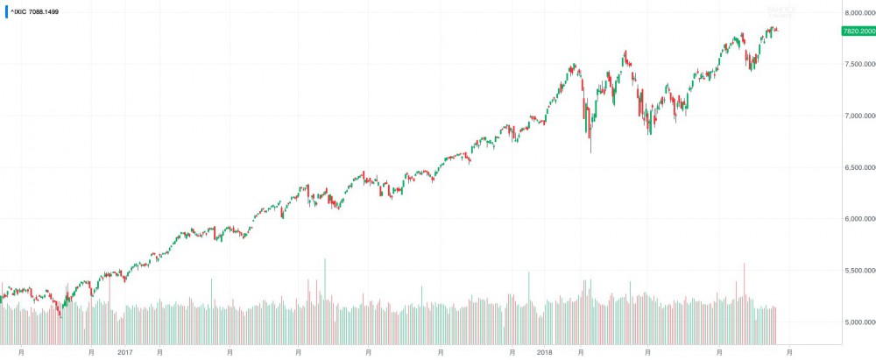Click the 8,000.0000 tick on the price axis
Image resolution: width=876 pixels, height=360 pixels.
856,12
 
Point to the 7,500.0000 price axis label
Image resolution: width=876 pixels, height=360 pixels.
856,64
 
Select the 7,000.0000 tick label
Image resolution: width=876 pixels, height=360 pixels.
856,116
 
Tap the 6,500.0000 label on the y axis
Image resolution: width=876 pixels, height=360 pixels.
856,167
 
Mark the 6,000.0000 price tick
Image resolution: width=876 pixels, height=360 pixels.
856,219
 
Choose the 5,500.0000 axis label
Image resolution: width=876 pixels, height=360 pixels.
856,271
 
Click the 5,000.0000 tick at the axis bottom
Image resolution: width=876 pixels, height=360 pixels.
856,322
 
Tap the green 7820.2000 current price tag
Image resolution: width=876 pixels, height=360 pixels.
858,31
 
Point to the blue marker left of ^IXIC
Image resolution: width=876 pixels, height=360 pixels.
6,12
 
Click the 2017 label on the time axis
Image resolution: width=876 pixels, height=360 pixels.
125,352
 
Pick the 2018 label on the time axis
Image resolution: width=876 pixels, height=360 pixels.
545,352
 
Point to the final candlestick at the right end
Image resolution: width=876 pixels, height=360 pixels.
776,31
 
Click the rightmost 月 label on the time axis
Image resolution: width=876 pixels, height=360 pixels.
789,352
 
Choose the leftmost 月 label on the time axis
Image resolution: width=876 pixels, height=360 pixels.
21,352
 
